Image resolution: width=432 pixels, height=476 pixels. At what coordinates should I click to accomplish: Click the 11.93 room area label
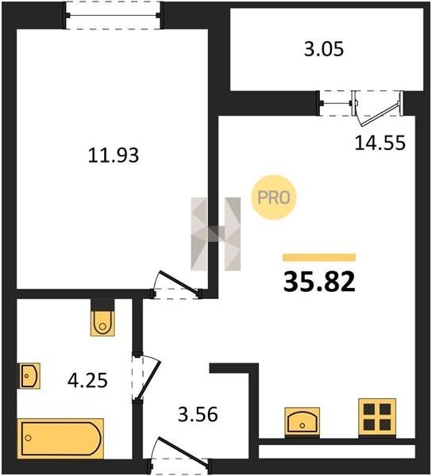tap(114, 155)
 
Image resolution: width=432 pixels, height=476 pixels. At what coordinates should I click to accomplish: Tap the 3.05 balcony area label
tap(324, 49)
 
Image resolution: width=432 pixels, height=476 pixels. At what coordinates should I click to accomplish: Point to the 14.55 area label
tap(380, 143)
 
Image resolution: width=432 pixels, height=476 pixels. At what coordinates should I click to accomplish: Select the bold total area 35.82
tap(319, 282)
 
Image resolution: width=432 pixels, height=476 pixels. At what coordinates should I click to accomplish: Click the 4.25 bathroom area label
tap(87, 380)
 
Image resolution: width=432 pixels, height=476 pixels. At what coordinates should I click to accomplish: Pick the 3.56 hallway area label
tap(198, 414)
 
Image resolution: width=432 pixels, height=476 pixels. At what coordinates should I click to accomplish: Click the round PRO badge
tap(274, 198)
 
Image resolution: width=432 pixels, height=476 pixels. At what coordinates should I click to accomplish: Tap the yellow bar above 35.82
tap(319, 257)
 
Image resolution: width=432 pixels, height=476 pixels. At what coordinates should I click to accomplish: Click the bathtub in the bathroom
tap(60, 438)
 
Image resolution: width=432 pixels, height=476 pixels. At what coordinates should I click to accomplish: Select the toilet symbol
tap(102, 323)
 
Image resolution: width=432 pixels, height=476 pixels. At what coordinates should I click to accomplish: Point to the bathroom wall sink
tap(29, 375)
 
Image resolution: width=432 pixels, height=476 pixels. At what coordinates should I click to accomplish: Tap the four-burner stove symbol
tap(377, 417)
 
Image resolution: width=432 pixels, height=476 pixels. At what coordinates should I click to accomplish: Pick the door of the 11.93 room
tap(177, 285)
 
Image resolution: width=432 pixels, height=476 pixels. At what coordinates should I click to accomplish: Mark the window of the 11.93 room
tap(113, 16)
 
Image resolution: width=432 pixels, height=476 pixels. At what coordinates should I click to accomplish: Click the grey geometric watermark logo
tap(215, 234)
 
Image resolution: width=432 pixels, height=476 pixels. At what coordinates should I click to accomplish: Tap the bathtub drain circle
tap(29, 438)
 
